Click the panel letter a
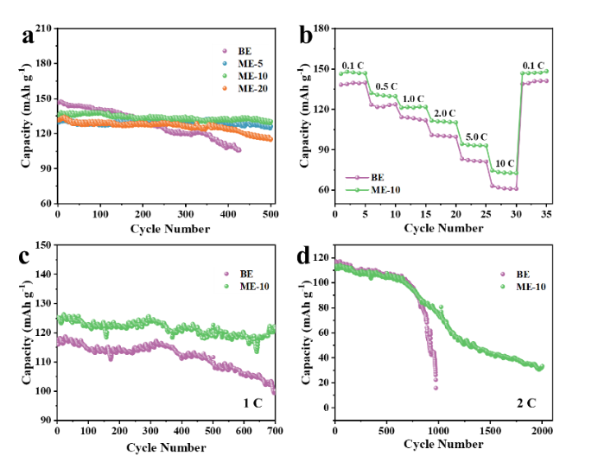click(x=29, y=36)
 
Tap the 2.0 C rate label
click(x=445, y=113)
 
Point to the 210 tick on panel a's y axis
click(x=42, y=28)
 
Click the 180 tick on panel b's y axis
click(x=321, y=28)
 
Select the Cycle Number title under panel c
click(x=166, y=447)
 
